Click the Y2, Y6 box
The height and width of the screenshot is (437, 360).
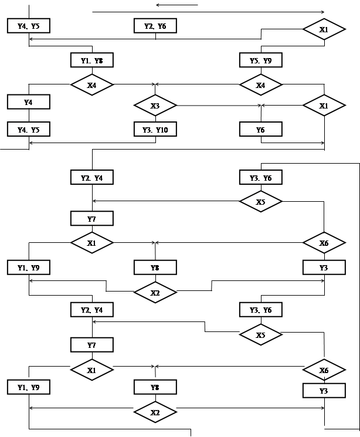coord(155,26)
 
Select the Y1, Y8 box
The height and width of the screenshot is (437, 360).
coord(91,60)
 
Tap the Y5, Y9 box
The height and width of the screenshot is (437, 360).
coord(260,60)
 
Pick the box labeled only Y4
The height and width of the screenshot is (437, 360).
coord(28,102)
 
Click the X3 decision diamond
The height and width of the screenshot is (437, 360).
coord(155,106)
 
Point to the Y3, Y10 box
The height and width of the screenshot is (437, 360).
coord(155,129)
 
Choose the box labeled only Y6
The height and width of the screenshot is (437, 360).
coord(260,129)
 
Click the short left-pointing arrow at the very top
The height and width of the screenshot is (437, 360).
coord(176,5)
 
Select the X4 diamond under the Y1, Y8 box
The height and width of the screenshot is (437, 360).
coord(91,85)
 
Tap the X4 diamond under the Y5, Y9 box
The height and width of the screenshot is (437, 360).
coord(260,85)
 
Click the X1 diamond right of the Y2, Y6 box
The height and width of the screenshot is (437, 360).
coord(324,29)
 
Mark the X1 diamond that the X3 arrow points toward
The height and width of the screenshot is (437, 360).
coord(324,106)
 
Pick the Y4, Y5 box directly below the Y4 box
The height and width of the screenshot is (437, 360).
coord(28,129)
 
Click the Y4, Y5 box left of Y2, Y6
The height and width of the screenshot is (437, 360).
coord(28,26)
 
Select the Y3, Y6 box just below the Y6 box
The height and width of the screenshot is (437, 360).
coord(260,177)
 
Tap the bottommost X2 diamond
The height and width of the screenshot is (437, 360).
coord(155,412)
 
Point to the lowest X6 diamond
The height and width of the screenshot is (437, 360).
coord(324,371)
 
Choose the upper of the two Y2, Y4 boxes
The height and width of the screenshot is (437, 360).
coord(91,177)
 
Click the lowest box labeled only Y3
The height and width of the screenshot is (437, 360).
coord(324,391)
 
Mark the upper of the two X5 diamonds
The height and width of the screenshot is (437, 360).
coord(260,202)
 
